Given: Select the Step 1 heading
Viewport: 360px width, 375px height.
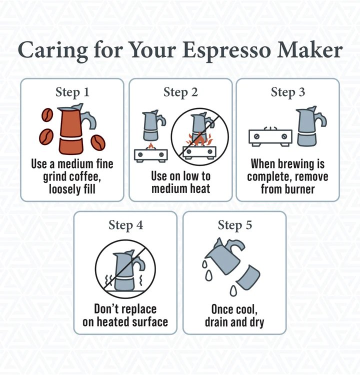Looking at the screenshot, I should [x=72, y=92].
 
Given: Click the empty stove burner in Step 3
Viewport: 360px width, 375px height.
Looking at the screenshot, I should [x=270, y=137].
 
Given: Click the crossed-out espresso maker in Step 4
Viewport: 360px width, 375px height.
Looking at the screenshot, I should [x=124, y=270].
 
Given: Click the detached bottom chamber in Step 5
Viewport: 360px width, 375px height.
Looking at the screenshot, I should [x=248, y=278].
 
